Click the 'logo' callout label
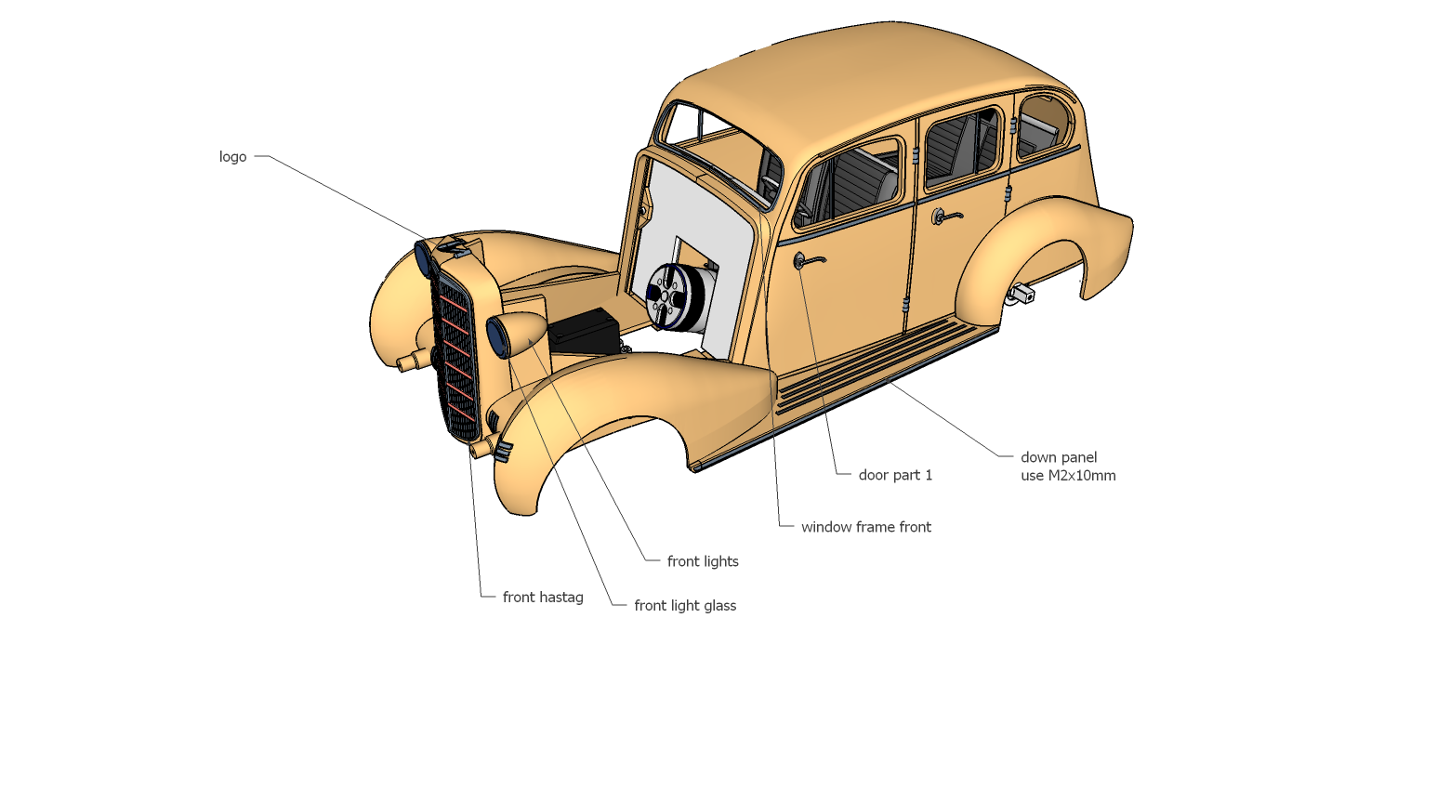tap(232, 157)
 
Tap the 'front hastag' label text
tap(543, 598)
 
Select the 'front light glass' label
tap(685, 606)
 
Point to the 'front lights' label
tap(703, 561)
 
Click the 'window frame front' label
tap(865, 527)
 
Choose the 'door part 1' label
tap(894, 475)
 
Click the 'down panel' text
tap(1059, 457)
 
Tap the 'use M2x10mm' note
tap(1068, 476)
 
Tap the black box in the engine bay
tap(584, 332)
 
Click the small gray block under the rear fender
tap(1023, 294)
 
